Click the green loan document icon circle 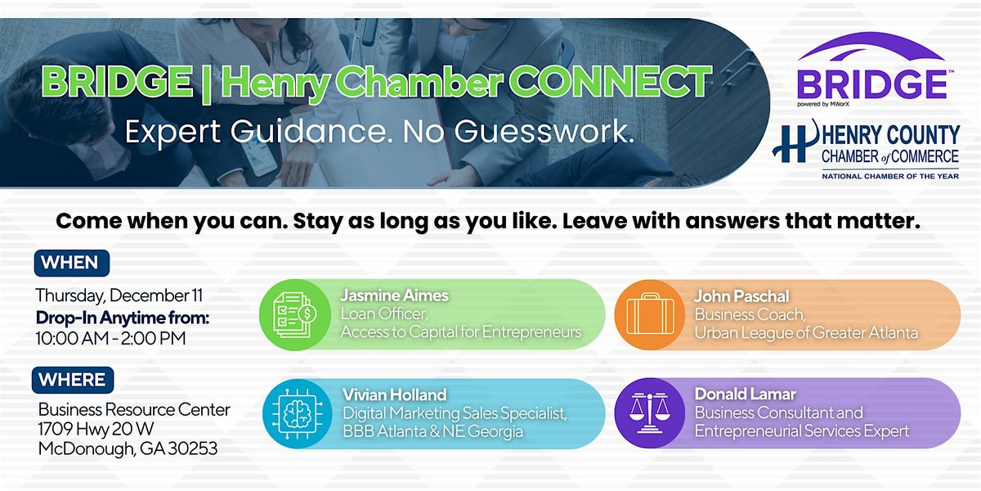tap(294, 314)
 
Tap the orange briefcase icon tap(650, 314)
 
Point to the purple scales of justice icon tap(650, 413)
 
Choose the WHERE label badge tap(73, 380)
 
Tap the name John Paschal tap(741, 296)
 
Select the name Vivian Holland tap(394, 395)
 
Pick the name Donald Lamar tap(746, 395)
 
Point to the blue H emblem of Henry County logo tap(790, 142)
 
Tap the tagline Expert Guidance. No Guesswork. tap(379, 133)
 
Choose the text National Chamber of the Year tap(890, 175)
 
